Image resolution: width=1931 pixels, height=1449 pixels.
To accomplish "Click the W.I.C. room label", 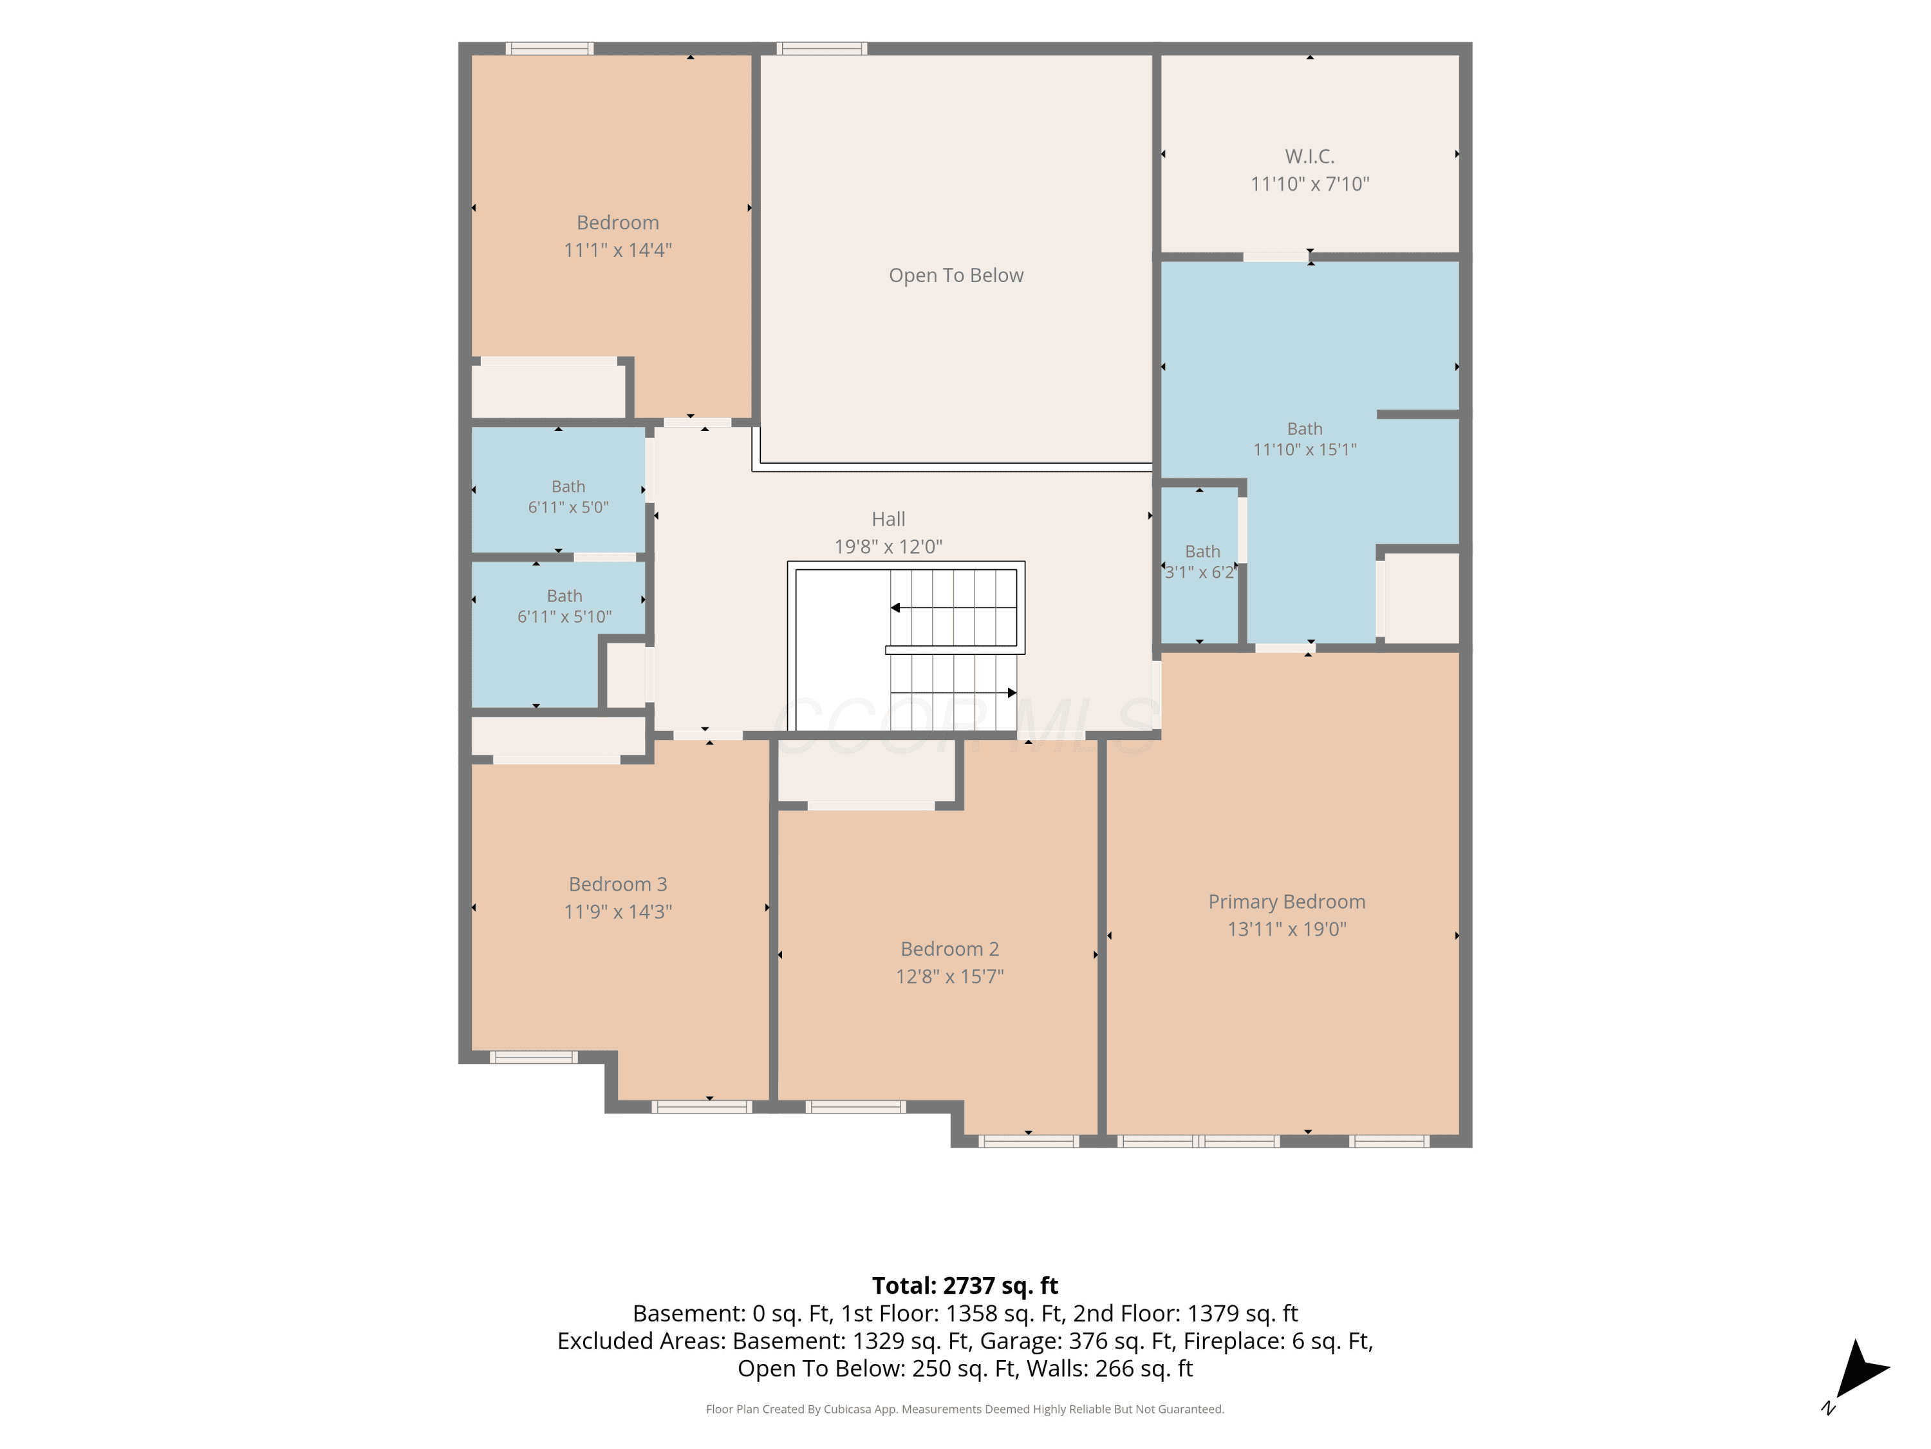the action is coord(1309,156).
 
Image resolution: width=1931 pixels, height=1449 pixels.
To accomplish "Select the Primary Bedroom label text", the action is coord(1287,902).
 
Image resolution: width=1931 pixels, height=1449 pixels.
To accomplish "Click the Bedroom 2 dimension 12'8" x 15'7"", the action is coord(950,976).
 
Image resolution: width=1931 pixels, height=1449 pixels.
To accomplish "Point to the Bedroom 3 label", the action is coord(618,884).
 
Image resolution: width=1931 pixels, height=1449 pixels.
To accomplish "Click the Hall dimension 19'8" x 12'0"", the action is coord(889,546).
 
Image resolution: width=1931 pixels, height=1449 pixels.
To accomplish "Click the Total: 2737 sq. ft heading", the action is coord(965,1285).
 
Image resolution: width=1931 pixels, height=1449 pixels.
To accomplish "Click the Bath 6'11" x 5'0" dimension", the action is coord(568,507).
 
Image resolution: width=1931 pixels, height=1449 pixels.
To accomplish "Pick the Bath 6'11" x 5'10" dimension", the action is coord(564,617).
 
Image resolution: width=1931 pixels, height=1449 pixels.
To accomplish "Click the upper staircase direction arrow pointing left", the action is coord(953,607).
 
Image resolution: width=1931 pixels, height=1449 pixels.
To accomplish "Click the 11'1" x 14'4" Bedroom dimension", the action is coord(618,250).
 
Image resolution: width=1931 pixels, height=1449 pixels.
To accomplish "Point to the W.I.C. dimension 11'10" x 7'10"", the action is coord(1309,184).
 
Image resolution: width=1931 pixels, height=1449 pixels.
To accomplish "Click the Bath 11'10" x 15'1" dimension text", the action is coord(1305,449).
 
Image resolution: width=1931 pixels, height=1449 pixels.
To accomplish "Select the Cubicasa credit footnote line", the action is coord(965,1409).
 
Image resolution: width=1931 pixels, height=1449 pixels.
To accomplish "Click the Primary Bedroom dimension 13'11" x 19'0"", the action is coord(1287,929).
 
